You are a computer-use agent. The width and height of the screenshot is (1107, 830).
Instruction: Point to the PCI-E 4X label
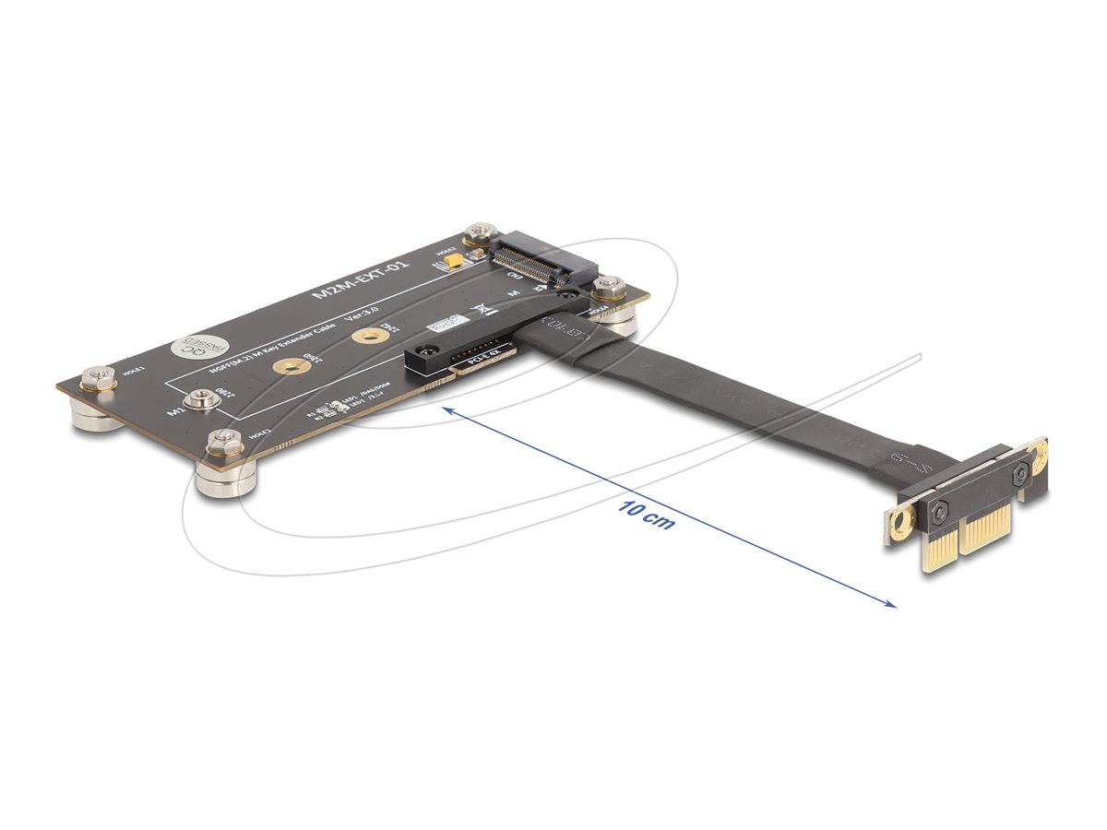click(480, 357)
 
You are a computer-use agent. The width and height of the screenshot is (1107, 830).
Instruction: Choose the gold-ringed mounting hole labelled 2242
click(368, 335)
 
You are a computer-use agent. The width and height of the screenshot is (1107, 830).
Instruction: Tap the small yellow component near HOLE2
click(453, 264)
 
